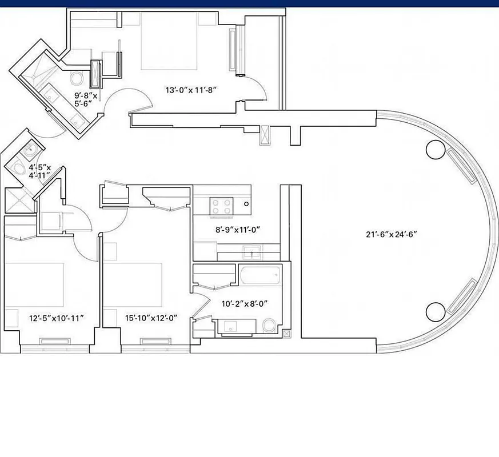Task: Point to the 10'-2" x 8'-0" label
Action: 244,304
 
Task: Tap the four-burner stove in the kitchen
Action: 221,206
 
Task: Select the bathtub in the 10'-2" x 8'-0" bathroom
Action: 260,277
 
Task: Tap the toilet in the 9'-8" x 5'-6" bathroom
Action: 77,78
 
